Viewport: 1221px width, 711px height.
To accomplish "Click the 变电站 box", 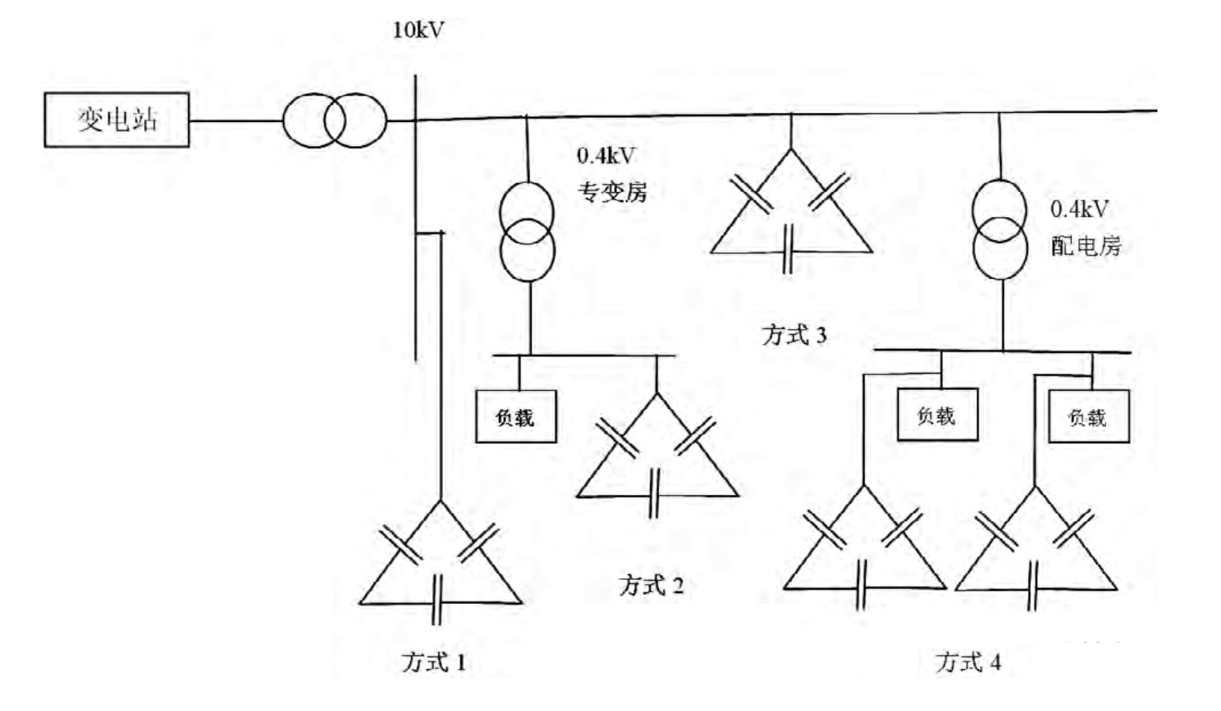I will [x=116, y=120].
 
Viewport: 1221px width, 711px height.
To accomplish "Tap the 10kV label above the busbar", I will [x=417, y=31].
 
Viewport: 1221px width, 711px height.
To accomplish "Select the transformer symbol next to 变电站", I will [x=334, y=120].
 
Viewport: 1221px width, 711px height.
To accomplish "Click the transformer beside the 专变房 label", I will [x=527, y=232].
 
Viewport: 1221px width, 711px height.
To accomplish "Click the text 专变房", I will [x=611, y=192].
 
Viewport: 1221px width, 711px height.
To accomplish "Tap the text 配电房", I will [x=1085, y=246].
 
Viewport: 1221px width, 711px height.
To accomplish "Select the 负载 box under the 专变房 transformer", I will [x=516, y=417].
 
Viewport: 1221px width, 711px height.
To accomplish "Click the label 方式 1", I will [x=434, y=662].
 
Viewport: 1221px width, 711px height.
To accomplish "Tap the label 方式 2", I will [x=651, y=586].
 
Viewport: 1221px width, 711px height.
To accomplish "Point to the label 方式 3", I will [x=794, y=335].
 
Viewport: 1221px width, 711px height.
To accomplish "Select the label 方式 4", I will [x=968, y=662].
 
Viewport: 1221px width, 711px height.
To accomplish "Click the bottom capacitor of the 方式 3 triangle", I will [x=789, y=249].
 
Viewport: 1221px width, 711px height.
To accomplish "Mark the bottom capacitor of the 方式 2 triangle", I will [x=654, y=494].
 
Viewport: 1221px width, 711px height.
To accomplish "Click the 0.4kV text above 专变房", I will [x=606, y=156].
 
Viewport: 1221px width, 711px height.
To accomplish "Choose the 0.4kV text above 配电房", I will [x=1079, y=210].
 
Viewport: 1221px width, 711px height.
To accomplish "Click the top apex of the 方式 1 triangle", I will [x=440, y=501].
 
